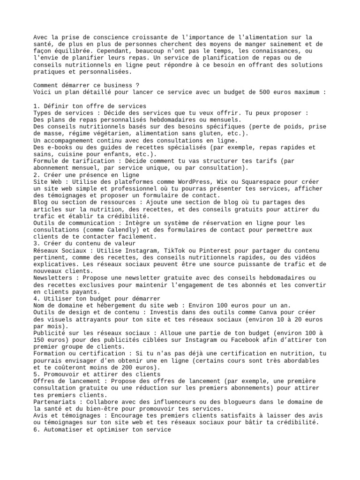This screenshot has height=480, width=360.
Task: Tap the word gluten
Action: [204, 133]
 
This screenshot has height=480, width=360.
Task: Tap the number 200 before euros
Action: [124, 367]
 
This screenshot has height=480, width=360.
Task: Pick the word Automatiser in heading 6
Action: [63, 429]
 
